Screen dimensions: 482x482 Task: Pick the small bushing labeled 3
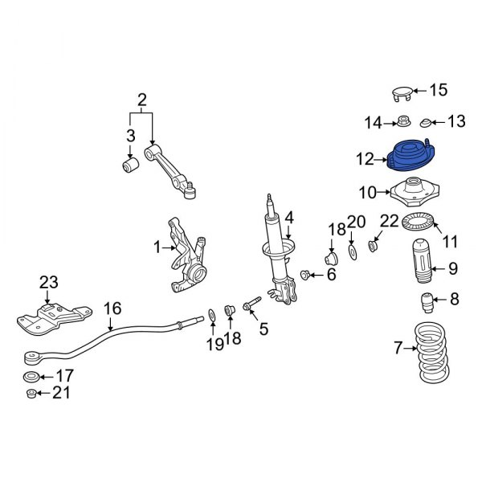click(x=129, y=165)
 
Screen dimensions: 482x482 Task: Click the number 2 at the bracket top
click(x=142, y=100)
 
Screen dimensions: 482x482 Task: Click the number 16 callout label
click(x=112, y=307)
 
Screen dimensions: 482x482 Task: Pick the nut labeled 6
click(x=305, y=276)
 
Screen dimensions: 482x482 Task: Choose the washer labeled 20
click(x=353, y=256)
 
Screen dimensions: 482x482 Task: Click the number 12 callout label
click(x=366, y=160)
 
